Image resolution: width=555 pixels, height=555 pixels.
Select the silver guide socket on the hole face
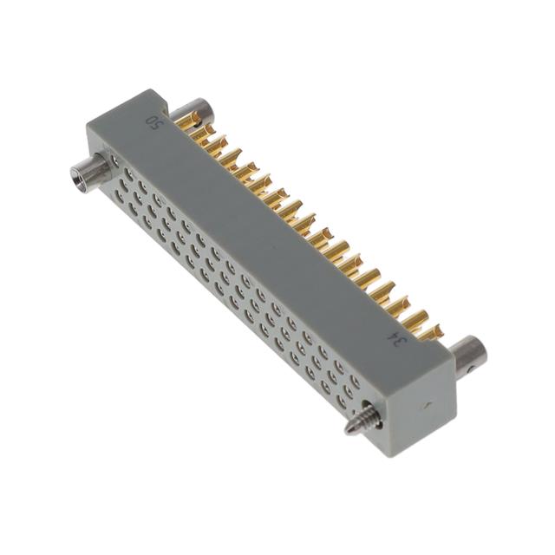pos(90,172)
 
